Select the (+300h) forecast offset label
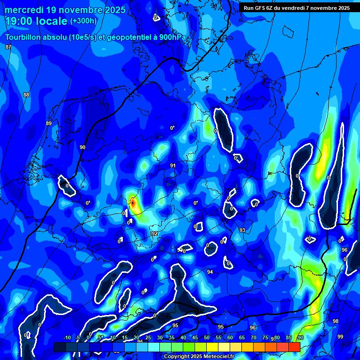point(83,21)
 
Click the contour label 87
point(8,47)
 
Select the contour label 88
point(26,95)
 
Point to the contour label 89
point(49,123)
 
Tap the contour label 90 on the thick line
point(82,147)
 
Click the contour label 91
point(173,165)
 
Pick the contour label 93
point(242,230)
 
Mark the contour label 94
point(210,272)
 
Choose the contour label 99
point(340,337)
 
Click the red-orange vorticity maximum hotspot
point(133,203)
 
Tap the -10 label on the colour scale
point(67,337)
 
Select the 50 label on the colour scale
point(207,337)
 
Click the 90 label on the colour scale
point(300,337)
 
